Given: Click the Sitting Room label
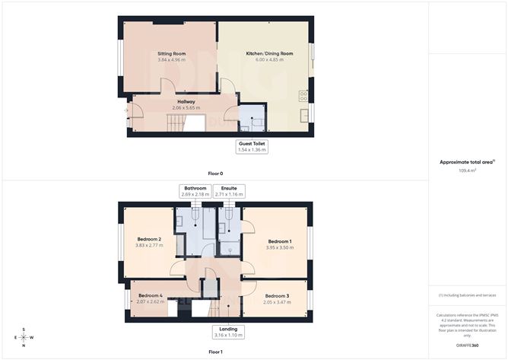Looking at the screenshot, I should click(x=172, y=54).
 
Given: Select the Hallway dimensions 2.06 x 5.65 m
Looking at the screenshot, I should click(x=186, y=107).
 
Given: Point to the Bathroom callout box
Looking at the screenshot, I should click(x=194, y=191).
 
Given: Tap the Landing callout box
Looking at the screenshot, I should click(x=227, y=332).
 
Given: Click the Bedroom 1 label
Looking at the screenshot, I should click(x=279, y=241).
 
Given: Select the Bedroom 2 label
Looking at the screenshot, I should click(x=149, y=239).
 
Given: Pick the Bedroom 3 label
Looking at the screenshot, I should click(x=278, y=295).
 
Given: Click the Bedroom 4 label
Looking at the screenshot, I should click(x=150, y=295).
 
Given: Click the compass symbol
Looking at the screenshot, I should click(x=24, y=338).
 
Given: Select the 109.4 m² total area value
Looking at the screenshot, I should click(x=467, y=171).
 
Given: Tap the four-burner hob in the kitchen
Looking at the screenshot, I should click(x=304, y=97).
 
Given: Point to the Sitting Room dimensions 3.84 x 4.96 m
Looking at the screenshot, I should click(x=172, y=60).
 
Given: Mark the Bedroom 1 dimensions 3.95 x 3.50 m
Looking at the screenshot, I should click(x=279, y=247).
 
